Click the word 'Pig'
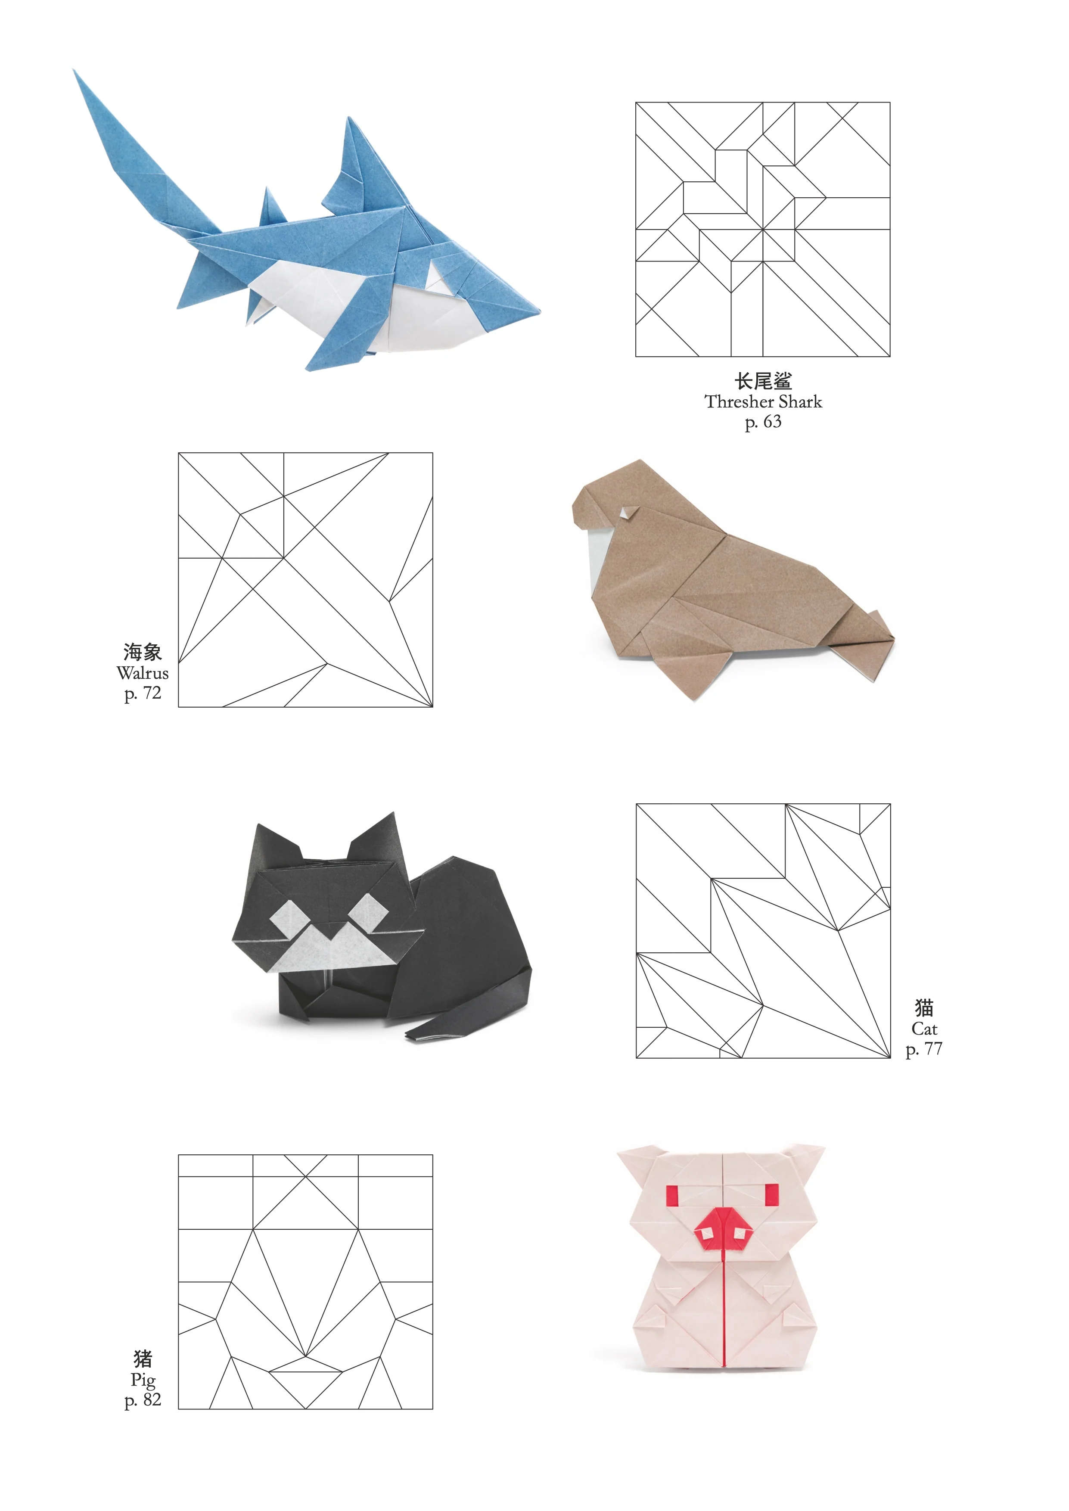143,1379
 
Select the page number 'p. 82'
143,1400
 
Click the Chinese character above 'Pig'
143,1359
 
